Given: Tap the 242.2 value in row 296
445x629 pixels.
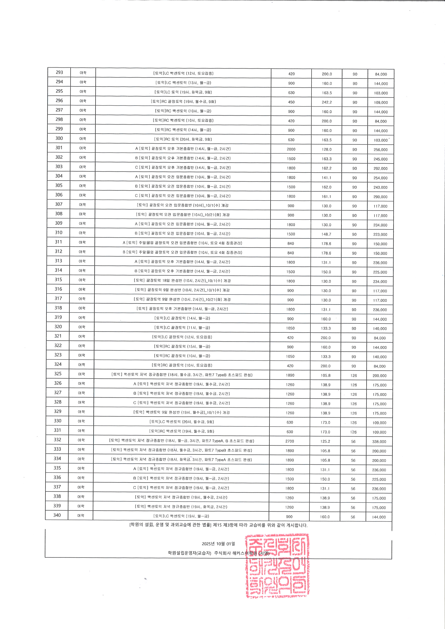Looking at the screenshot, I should pyautogui.click(x=327, y=102).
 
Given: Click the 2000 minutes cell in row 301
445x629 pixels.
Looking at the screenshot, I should pyautogui.click(x=291, y=149).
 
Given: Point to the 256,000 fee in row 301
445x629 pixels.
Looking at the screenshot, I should pyautogui.click(x=381, y=150).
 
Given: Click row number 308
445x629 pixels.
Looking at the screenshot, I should pyautogui.click(x=59, y=214).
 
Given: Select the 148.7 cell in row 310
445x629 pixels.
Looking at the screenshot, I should pyautogui.click(x=326, y=234).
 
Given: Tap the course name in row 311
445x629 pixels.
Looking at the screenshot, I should pyautogui.click(x=182, y=243).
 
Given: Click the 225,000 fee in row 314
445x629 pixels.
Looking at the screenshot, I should pyautogui.click(x=380, y=272).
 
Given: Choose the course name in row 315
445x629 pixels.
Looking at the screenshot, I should pyautogui.click(x=182, y=281).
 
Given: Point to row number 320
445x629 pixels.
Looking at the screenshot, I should pyautogui.click(x=58, y=327).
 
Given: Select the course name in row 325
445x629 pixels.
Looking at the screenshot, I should pyautogui.click(x=182, y=375).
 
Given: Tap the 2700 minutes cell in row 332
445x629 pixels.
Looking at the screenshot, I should pyautogui.click(x=290, y=441).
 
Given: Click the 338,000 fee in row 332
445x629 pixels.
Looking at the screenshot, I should pyautogui.click(x=379, y=442).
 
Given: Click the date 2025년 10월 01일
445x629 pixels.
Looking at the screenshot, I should pyautogui.click(x=218, y=544).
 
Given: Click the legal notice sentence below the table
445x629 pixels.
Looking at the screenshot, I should pyautogui.click(x=218, y=525).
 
